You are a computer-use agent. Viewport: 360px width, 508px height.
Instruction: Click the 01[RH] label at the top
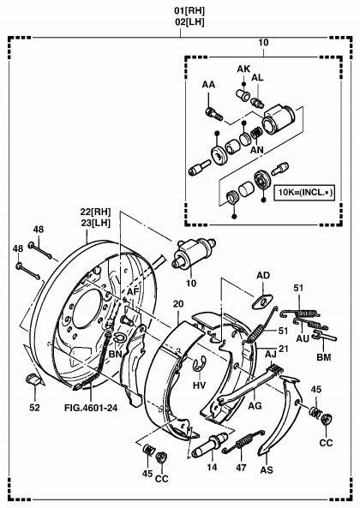click(x=189, y=11)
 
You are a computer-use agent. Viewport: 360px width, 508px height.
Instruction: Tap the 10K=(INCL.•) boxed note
click(x=304, y=193)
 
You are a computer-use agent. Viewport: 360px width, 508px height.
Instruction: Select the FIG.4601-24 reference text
click(x=91, y=407)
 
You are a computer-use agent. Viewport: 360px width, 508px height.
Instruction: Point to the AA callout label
click(x=208, y=85)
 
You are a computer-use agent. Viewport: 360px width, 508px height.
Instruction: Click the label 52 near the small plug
click(x=34, y=407)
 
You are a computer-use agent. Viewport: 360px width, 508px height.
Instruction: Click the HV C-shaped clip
click(x=199, y=364)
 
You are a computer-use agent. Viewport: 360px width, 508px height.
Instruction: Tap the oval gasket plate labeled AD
click(x=261, y=302)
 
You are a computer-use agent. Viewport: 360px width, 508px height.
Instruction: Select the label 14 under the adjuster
click(x=213, y=467)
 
